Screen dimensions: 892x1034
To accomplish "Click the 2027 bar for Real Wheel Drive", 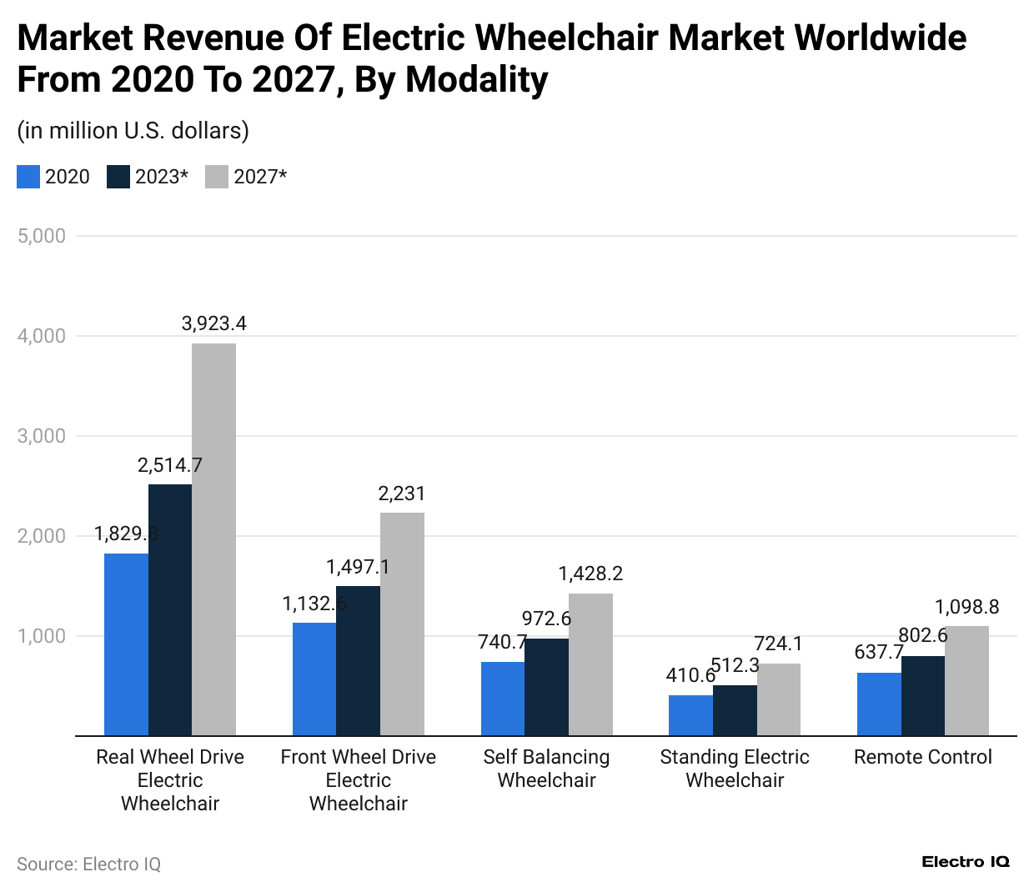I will tap(213, 539).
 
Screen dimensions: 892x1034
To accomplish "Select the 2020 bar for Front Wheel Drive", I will tap(314, 679).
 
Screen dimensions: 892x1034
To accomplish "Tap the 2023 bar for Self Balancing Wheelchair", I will tap(546, 687).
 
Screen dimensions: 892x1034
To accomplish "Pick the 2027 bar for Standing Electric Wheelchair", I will tap(779, 699).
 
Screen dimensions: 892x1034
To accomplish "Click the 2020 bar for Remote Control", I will tap(879, 704).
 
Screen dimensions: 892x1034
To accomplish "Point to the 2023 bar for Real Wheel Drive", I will tap(170, 609).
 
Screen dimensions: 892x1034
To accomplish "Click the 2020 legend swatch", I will tap(28, 177).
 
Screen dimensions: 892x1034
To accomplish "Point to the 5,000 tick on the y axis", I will tap(42, 236).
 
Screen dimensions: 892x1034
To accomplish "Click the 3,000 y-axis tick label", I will tap(42, 436).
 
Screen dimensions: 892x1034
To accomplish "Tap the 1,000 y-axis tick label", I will tap(42, 636).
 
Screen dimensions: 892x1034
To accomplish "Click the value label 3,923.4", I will tap(214, 323).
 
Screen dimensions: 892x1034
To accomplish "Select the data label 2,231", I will tap(402, 494).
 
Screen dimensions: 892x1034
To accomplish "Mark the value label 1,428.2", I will tap(590, 574).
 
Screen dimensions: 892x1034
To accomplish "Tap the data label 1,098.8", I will tap(966, 607).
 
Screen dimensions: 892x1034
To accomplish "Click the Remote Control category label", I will tap(922, 757).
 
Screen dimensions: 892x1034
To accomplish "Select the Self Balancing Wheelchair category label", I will tap(546, 769).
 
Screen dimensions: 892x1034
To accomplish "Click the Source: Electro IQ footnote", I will tap(88, 864).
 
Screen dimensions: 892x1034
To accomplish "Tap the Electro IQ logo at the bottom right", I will tap(966, 862).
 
